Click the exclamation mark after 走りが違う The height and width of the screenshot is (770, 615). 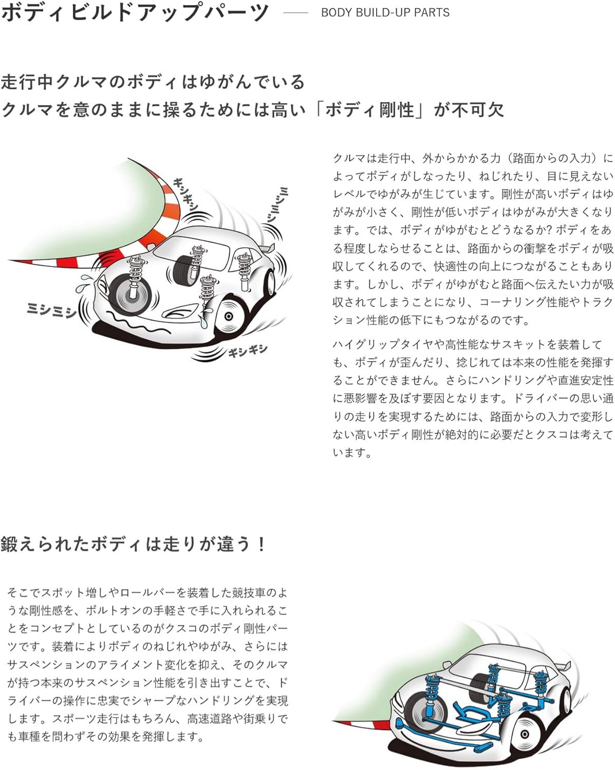point(262,544)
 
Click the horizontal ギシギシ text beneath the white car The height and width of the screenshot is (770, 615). point(248,351)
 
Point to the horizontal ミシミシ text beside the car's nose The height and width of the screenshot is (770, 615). point(51,310)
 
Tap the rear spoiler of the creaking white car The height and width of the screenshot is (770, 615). point(267,248)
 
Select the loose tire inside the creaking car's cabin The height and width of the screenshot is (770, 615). point(185,269)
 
